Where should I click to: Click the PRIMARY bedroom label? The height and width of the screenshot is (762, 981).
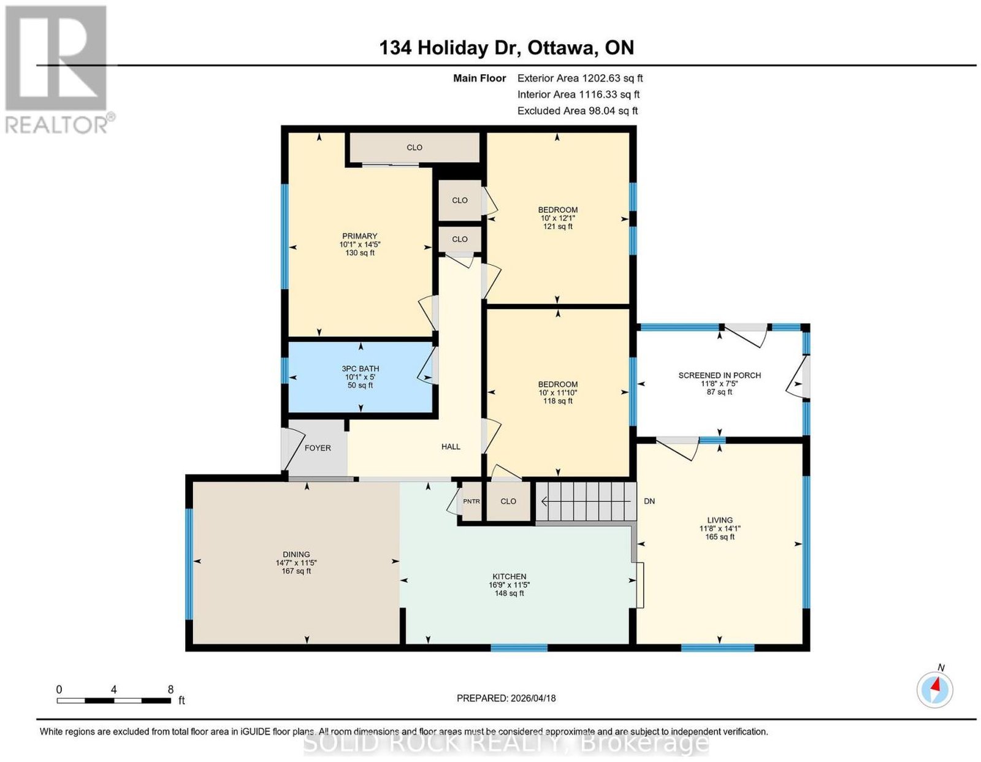pyautogui.click(x=359, y=236)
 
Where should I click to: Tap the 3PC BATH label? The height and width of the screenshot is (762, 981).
pyautogui.click(x=361, y=368)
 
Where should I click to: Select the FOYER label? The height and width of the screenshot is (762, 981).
pyautogui.click(x=318, y=448)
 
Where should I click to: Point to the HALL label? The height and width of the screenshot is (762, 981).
pyautogui.click(x=451, y=447)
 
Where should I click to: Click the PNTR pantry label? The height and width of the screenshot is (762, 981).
pyautogui.click(x=471, y=501)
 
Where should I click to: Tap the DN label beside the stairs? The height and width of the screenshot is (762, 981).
pyautogui.click(x=649, y=501)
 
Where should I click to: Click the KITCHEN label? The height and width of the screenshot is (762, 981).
pyautogui.click(x=510, y=577)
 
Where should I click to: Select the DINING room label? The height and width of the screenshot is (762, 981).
pyautogui.click(x=296, y=554)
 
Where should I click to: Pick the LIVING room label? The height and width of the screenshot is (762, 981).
pyautogui.click(x=720, y=520)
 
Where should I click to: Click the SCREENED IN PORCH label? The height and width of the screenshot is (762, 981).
pyautogui.click(x=720, y=375)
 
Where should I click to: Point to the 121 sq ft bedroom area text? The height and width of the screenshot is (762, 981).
pyautogui.click(x=557, y=226)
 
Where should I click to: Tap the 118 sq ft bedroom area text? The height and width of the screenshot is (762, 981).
pyautogui.click(x=557, y=401)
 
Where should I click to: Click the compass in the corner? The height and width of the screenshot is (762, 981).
pyautogui.click(x=934, y=690)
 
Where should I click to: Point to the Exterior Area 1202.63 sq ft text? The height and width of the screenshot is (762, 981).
pyautogui.click(x=580, y=78)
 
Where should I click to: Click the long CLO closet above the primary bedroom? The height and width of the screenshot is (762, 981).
pyautogui.click(x=414, y=147)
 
